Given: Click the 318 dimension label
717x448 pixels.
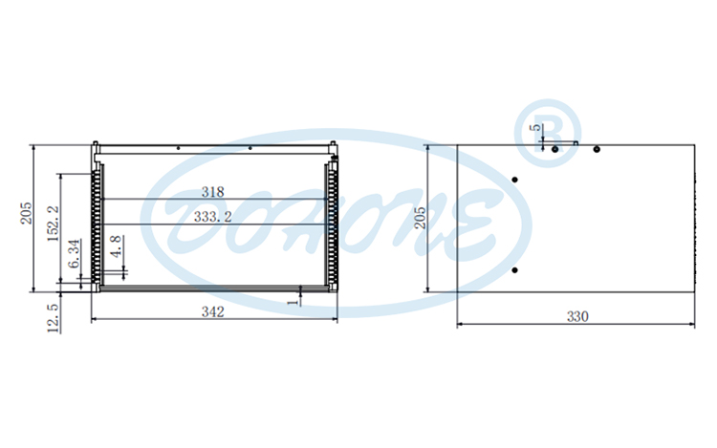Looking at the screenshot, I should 213,191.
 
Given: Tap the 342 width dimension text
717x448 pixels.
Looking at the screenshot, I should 213,311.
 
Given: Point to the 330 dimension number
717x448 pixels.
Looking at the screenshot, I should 578,316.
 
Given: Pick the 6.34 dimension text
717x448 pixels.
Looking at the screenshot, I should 75,254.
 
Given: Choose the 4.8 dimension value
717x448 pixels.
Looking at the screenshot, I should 116,246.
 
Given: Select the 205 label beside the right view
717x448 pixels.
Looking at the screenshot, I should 420,220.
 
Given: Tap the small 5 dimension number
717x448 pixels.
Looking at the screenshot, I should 536,127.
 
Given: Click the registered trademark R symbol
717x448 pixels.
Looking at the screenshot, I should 549,133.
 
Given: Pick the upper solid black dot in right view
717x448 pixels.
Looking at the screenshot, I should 515,180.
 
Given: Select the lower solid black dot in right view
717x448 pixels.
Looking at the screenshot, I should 515,271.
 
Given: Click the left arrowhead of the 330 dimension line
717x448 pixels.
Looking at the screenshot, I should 461,324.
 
